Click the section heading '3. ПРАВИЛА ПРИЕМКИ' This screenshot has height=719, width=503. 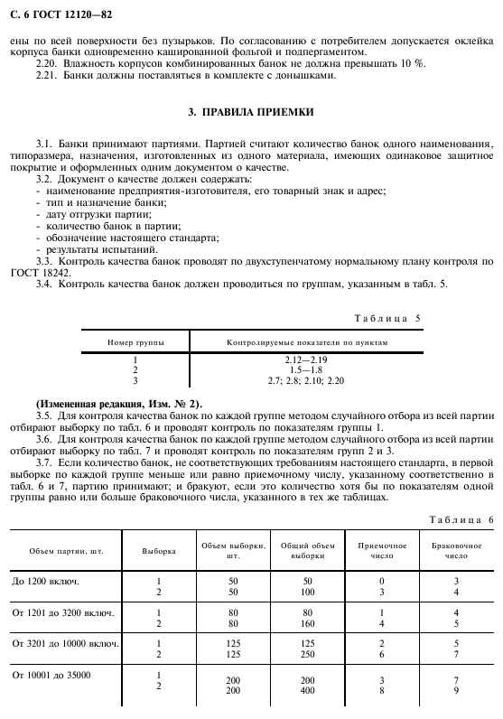(251, 112)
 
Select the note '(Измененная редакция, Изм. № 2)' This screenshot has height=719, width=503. (106, 402)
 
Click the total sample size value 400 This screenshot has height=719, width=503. (307, 690)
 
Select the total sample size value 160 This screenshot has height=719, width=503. (307, 622)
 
